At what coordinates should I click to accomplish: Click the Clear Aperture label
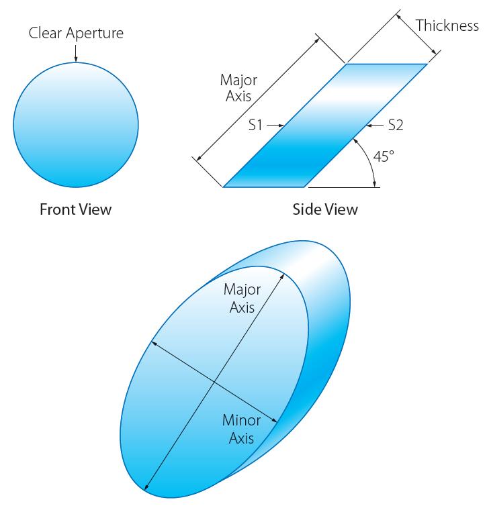point(76,32)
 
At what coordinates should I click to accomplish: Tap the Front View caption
point(75,209)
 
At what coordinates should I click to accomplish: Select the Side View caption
point(325,209)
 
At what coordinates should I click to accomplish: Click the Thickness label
point(447,25)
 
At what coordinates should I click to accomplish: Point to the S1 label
point(255,125)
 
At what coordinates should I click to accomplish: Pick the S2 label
point(396,125)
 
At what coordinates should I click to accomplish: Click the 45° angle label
point(384,156)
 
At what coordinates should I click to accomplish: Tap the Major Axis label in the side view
point(238,88)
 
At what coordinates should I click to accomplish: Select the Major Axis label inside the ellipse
point(242,299)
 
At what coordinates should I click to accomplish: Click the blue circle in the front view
point(76,125)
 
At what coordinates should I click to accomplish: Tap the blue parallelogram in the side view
point(325,125)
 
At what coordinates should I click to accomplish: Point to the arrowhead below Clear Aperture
point(76,60)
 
